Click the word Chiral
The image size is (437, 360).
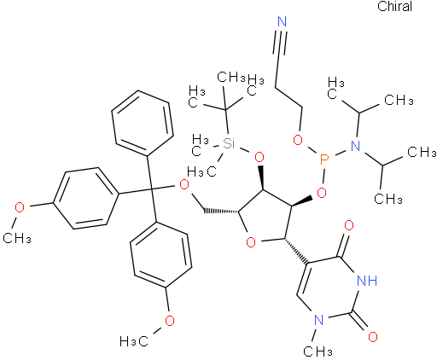pyautogui.click(x=394, y=7)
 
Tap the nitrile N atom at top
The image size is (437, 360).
pyautogui.click(x=282, y=22)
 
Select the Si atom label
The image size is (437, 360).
pyautogui.click(x=229, y=143)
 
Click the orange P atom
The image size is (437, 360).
pyautogui.click(x=323, y=160)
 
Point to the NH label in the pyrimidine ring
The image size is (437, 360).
pyautogui.click(x=367, y=281)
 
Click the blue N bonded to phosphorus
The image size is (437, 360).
pyautogui.click(x=355, y=146)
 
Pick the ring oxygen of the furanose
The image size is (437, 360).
pyautogui.click(x=251, y=242)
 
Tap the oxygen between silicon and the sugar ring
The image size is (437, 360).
pyautogui.click(x=259, y=157)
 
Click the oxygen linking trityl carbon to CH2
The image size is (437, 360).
pyautogui.click(x=184, y=185)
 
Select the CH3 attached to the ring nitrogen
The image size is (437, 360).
pyautogui.click(x=318, y=351)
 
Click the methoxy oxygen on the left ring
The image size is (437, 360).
pyautogui.click(x=20, y=207)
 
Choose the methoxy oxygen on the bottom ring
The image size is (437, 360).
pyautogui.click(x=170, y=321)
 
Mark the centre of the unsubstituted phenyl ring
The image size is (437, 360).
pyautogui.click(x=143, y=123)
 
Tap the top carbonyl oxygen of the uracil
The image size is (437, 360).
pyautogui.click(x=349, y=225)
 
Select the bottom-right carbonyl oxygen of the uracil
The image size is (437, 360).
pyautogui.click(x=373, y=336)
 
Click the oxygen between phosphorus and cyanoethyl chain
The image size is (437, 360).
pyautogui.click(x=298, y=140)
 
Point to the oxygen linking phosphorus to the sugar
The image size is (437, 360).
pyautogui.click(x=322, y=193)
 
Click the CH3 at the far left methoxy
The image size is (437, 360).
pyautogui.click(x=17, y=237)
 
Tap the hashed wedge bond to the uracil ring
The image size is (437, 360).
pyautogui.click(x=296, y=251)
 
